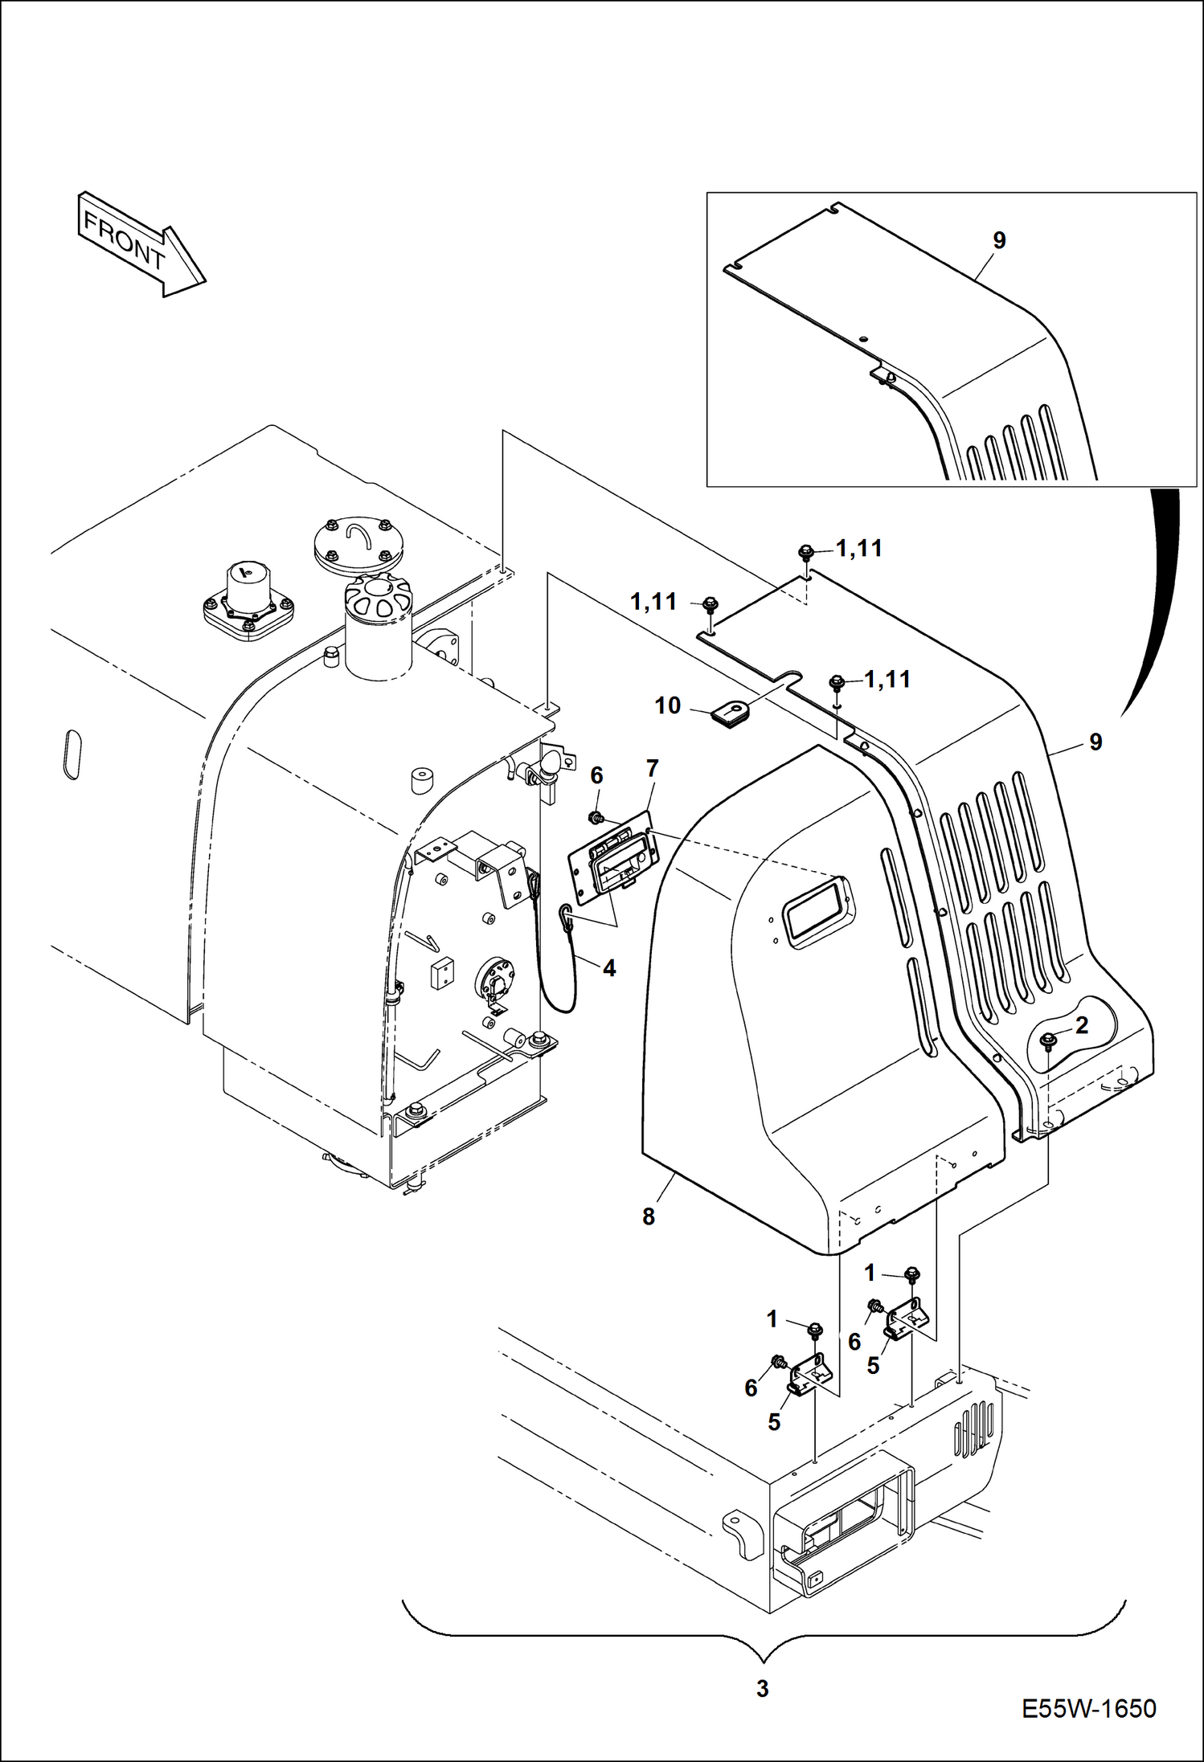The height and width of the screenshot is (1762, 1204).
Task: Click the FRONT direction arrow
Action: pyautogui.click(x=141, y=243)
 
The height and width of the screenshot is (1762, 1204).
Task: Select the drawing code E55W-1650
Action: pyautogui.click(x=1088, y=1707)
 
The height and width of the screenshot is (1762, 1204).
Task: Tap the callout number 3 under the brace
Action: pyautogui.click(x=762, y=1688)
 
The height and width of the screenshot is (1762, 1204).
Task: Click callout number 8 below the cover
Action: pyautogui.click(x=649, y=1216)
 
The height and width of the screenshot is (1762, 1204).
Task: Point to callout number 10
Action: pyautogui.click(x=667, y=705)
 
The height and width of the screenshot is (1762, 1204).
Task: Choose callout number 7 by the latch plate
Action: pyautogui.click(x=652, y=768)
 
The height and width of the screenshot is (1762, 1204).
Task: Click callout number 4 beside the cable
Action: pyautogui.click(x=609, y=968)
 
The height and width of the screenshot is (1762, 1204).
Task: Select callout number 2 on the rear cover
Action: pyautogui.click(x=1081, y=1025)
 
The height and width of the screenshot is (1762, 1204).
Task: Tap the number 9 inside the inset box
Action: pyautogui.click(x=999, y=240)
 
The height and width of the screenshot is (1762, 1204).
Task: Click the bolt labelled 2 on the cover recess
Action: pyautogui.click(x=1047, y=1041)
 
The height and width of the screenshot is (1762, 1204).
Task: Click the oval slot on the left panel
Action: pyautogui.click(x=72, y=754)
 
